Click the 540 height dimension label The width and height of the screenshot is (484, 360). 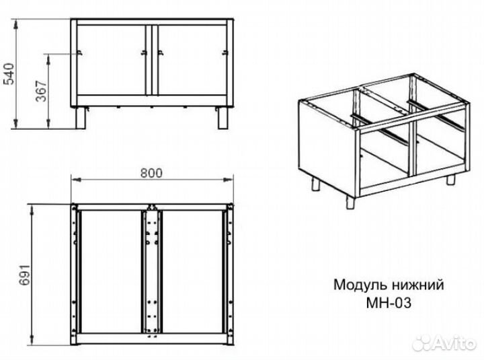9,73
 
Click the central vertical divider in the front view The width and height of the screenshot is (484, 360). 152,64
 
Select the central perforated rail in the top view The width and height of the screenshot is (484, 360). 151,273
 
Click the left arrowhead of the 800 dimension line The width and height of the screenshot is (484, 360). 74,180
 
